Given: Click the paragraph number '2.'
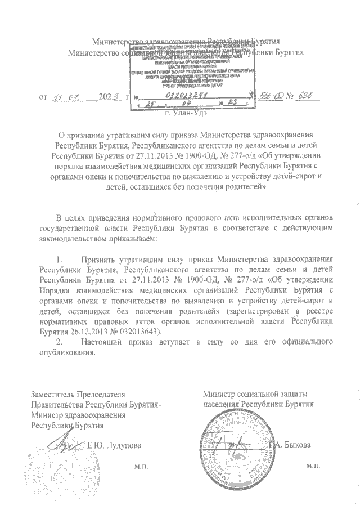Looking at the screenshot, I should click(56, 342).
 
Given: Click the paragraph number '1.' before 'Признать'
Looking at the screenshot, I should click(56, 260).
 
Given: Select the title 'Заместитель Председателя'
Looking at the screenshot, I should click(78, 395).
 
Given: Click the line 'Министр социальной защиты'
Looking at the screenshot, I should click(256, 395).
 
